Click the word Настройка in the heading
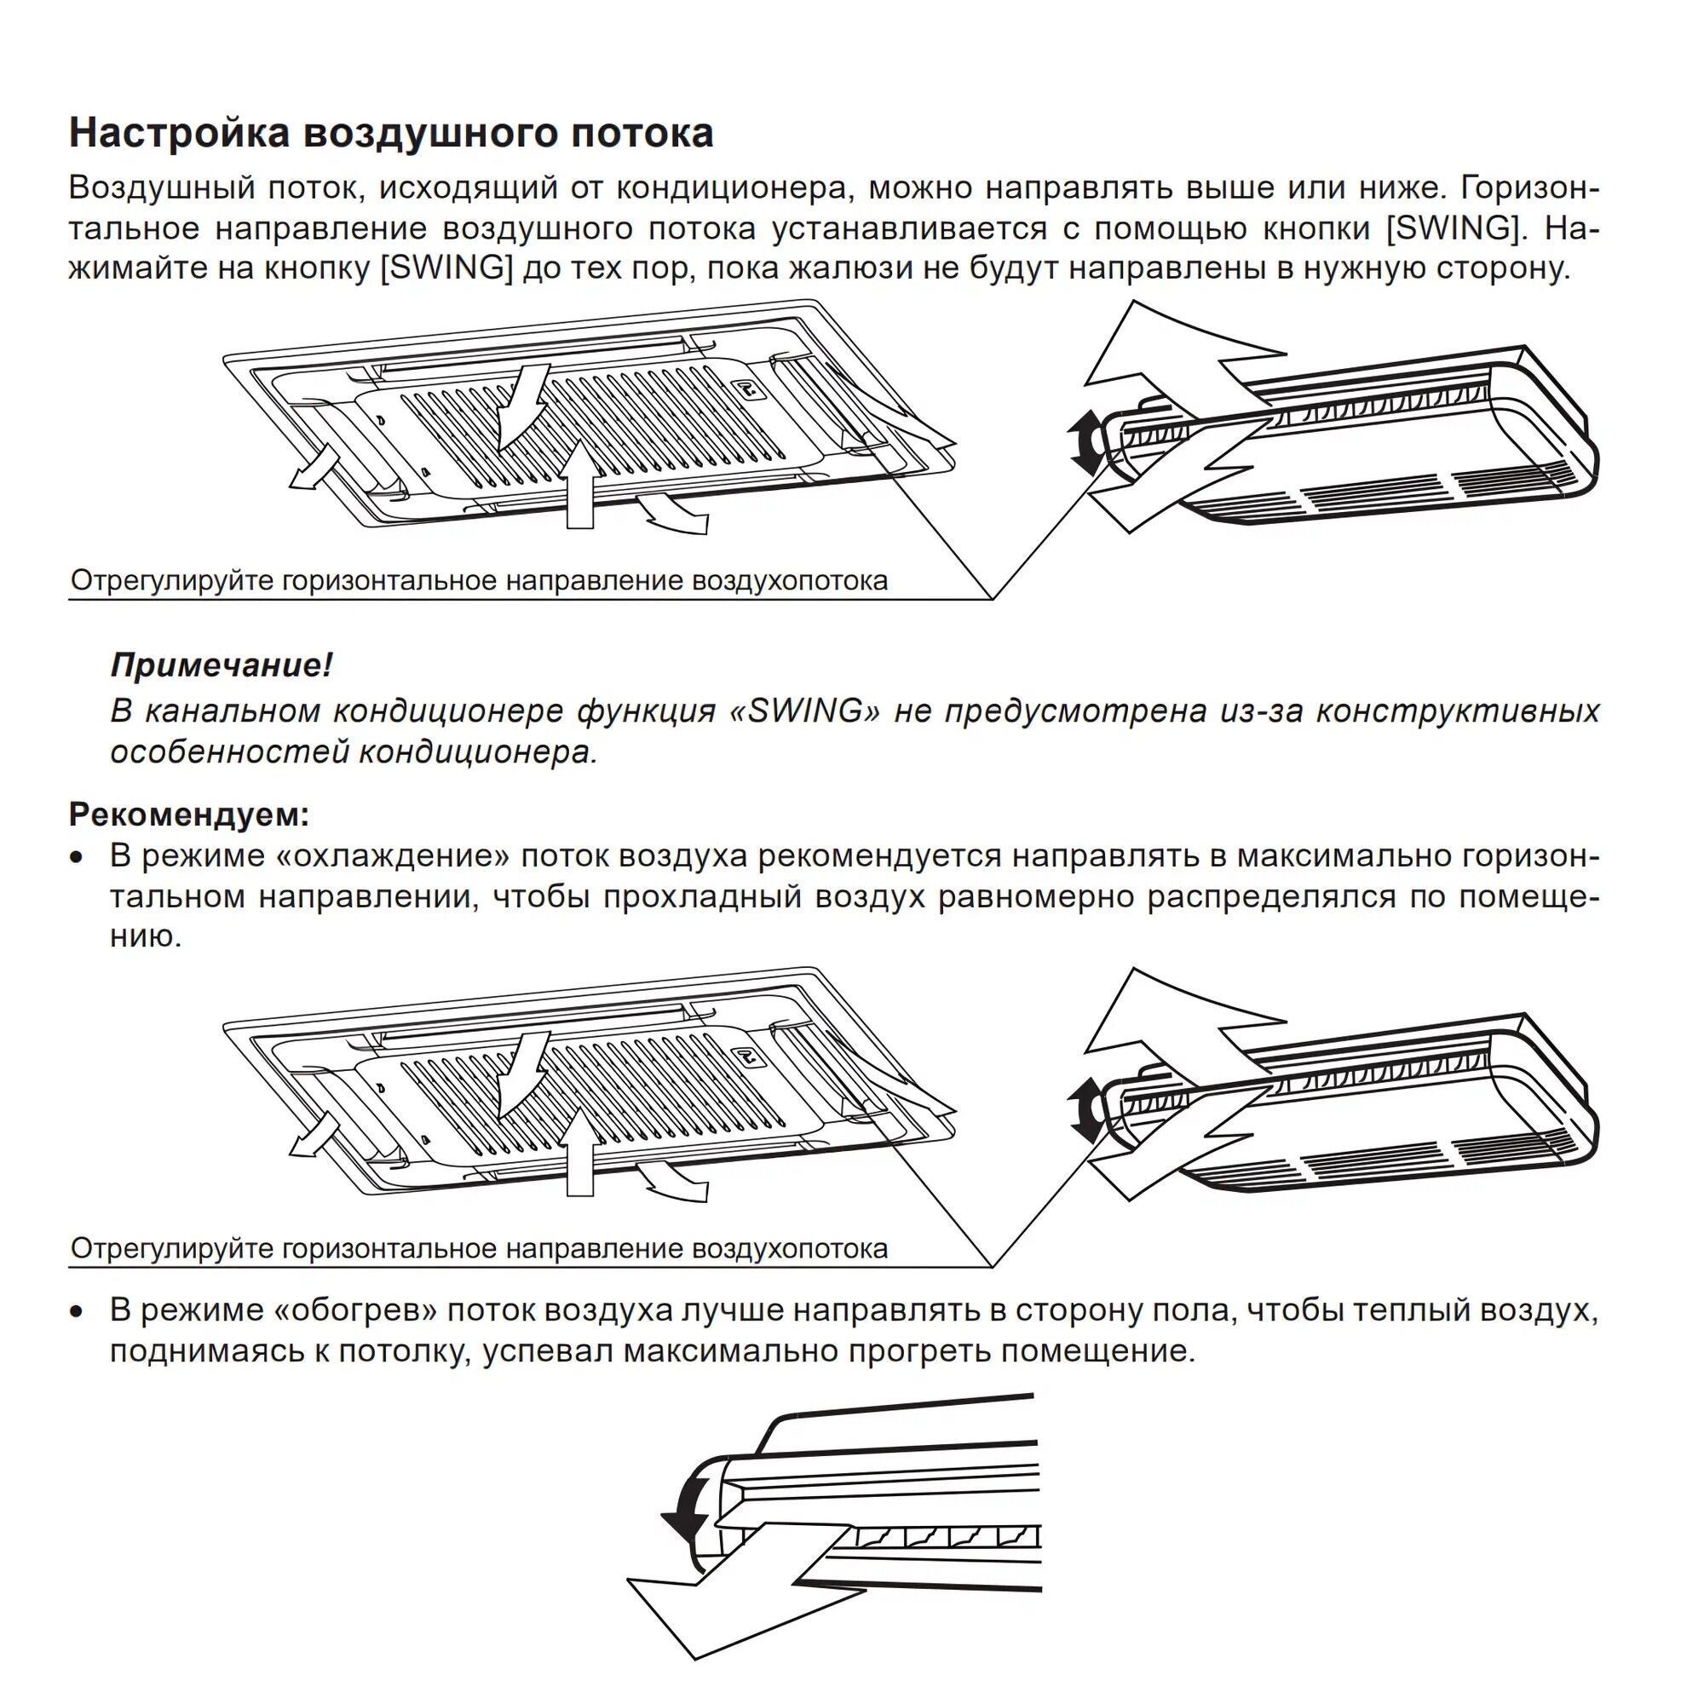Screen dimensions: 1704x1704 [179, 133]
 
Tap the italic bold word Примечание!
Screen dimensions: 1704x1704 [222, 665]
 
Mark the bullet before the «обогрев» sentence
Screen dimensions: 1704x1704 [78, 1311]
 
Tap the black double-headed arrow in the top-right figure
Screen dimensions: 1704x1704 [1084, 443]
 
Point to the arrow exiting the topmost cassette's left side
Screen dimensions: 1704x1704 [312, 465]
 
